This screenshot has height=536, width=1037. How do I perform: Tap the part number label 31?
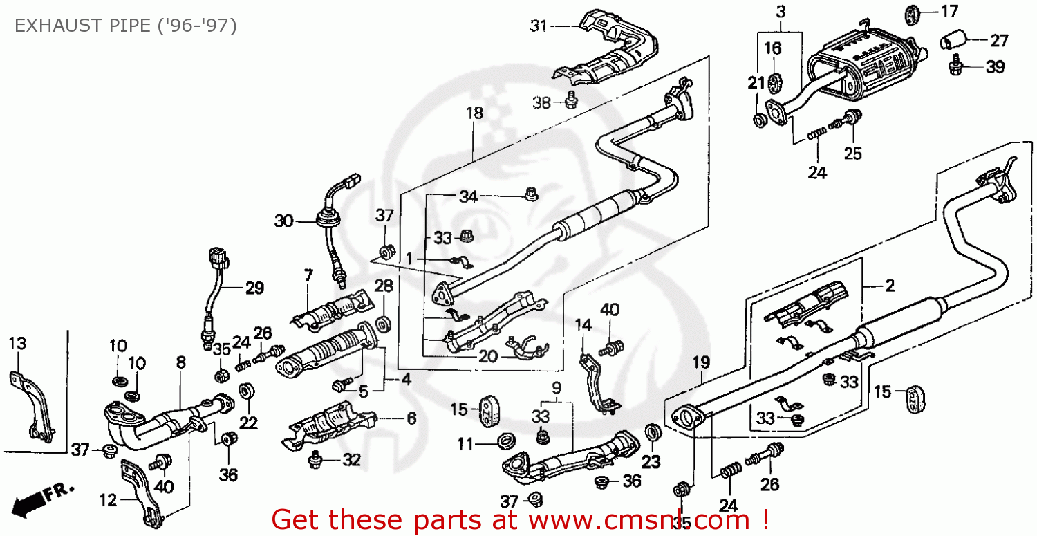(539, 27)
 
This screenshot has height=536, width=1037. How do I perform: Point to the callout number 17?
(949, 11)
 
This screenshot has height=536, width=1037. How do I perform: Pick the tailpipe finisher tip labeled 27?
(953, 41)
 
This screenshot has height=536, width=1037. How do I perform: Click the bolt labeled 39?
(957, 66)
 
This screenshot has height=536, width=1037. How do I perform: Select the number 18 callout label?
(474, 113)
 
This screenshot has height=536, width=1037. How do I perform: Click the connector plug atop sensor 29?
(218, 258)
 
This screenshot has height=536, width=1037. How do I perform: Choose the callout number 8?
(180, 362)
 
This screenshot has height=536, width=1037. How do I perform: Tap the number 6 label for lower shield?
(411, 418)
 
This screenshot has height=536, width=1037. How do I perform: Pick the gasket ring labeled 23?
(651, 433)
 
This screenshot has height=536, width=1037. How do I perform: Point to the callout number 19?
(701, 361)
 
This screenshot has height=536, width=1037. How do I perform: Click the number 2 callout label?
(889, 285)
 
